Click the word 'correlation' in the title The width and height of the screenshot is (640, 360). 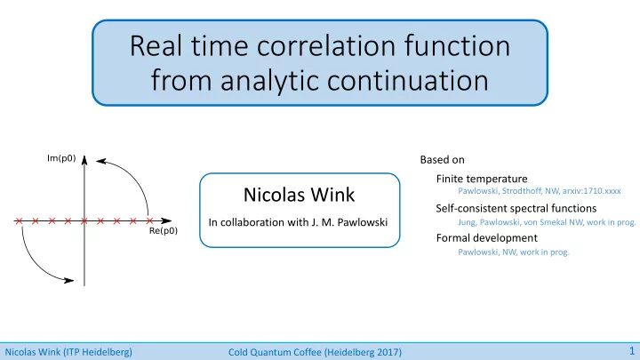326,45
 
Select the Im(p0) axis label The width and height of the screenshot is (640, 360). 61,158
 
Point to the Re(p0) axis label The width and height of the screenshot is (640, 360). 164,231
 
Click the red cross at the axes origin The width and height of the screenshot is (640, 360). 84,220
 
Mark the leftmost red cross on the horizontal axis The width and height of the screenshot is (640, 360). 19,220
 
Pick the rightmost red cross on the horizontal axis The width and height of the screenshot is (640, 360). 149,220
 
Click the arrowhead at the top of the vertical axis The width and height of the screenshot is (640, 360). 84,160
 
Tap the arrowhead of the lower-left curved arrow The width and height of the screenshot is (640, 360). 69,280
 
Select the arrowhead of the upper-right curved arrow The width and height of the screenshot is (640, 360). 100,161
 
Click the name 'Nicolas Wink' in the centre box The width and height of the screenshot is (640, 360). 300,195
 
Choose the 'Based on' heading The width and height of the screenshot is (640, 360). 442,160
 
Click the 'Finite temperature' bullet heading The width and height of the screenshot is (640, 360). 482,179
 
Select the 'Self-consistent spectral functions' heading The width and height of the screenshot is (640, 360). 516,208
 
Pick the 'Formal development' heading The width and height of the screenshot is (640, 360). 486,238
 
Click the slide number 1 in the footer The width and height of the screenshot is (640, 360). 632,351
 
